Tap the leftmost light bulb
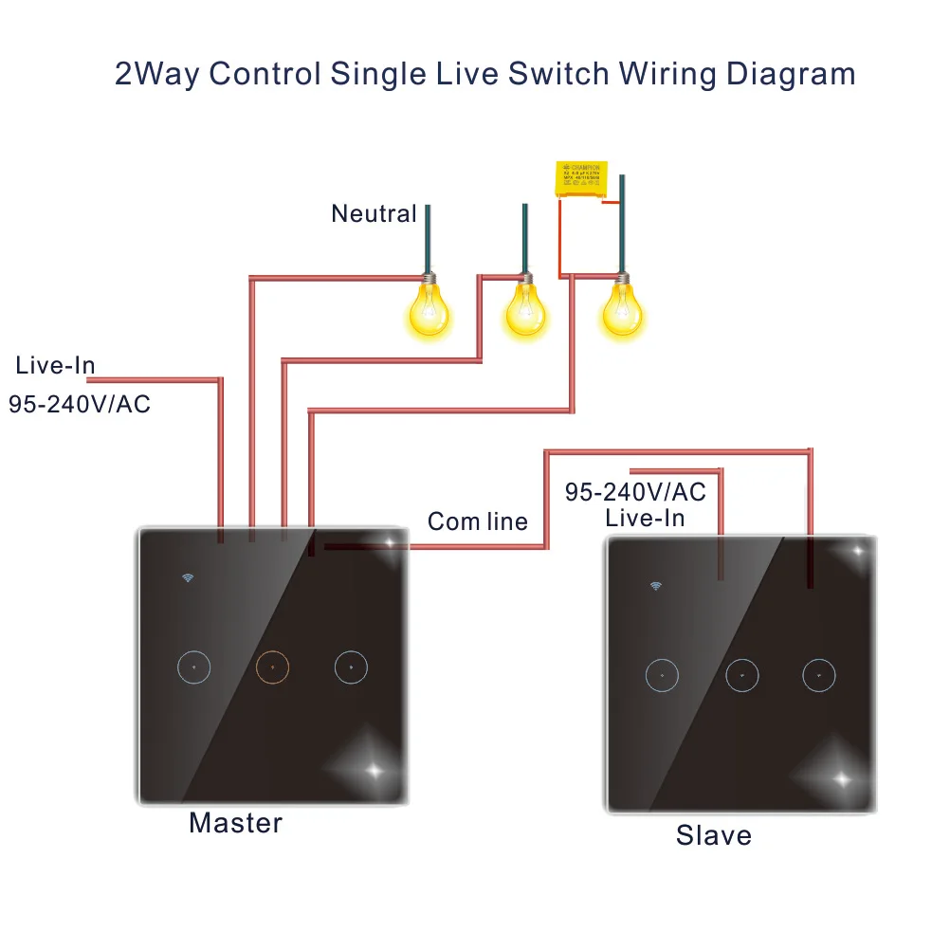click(x=428, y=307)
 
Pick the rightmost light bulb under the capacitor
click(x=622, y=309)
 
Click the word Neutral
click(x=374, y=214)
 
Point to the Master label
click(x=235, y=823)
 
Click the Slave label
click(x=713, y=835)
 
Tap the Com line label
click(x=477, y=521)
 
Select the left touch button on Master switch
click(x=192, y=667)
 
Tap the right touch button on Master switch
click(x=350, y=667)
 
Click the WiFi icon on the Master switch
click(x=188, y=577)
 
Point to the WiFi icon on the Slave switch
click(x=655, y=586)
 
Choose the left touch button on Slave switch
click(x=662, y=675)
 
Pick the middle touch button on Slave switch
click(x=741, y=675)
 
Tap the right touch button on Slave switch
click(x=818, y=675)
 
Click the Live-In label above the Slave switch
click(x=645, y=518)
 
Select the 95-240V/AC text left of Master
click(x=80, y=404)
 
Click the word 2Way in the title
click(x=155, y=74)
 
